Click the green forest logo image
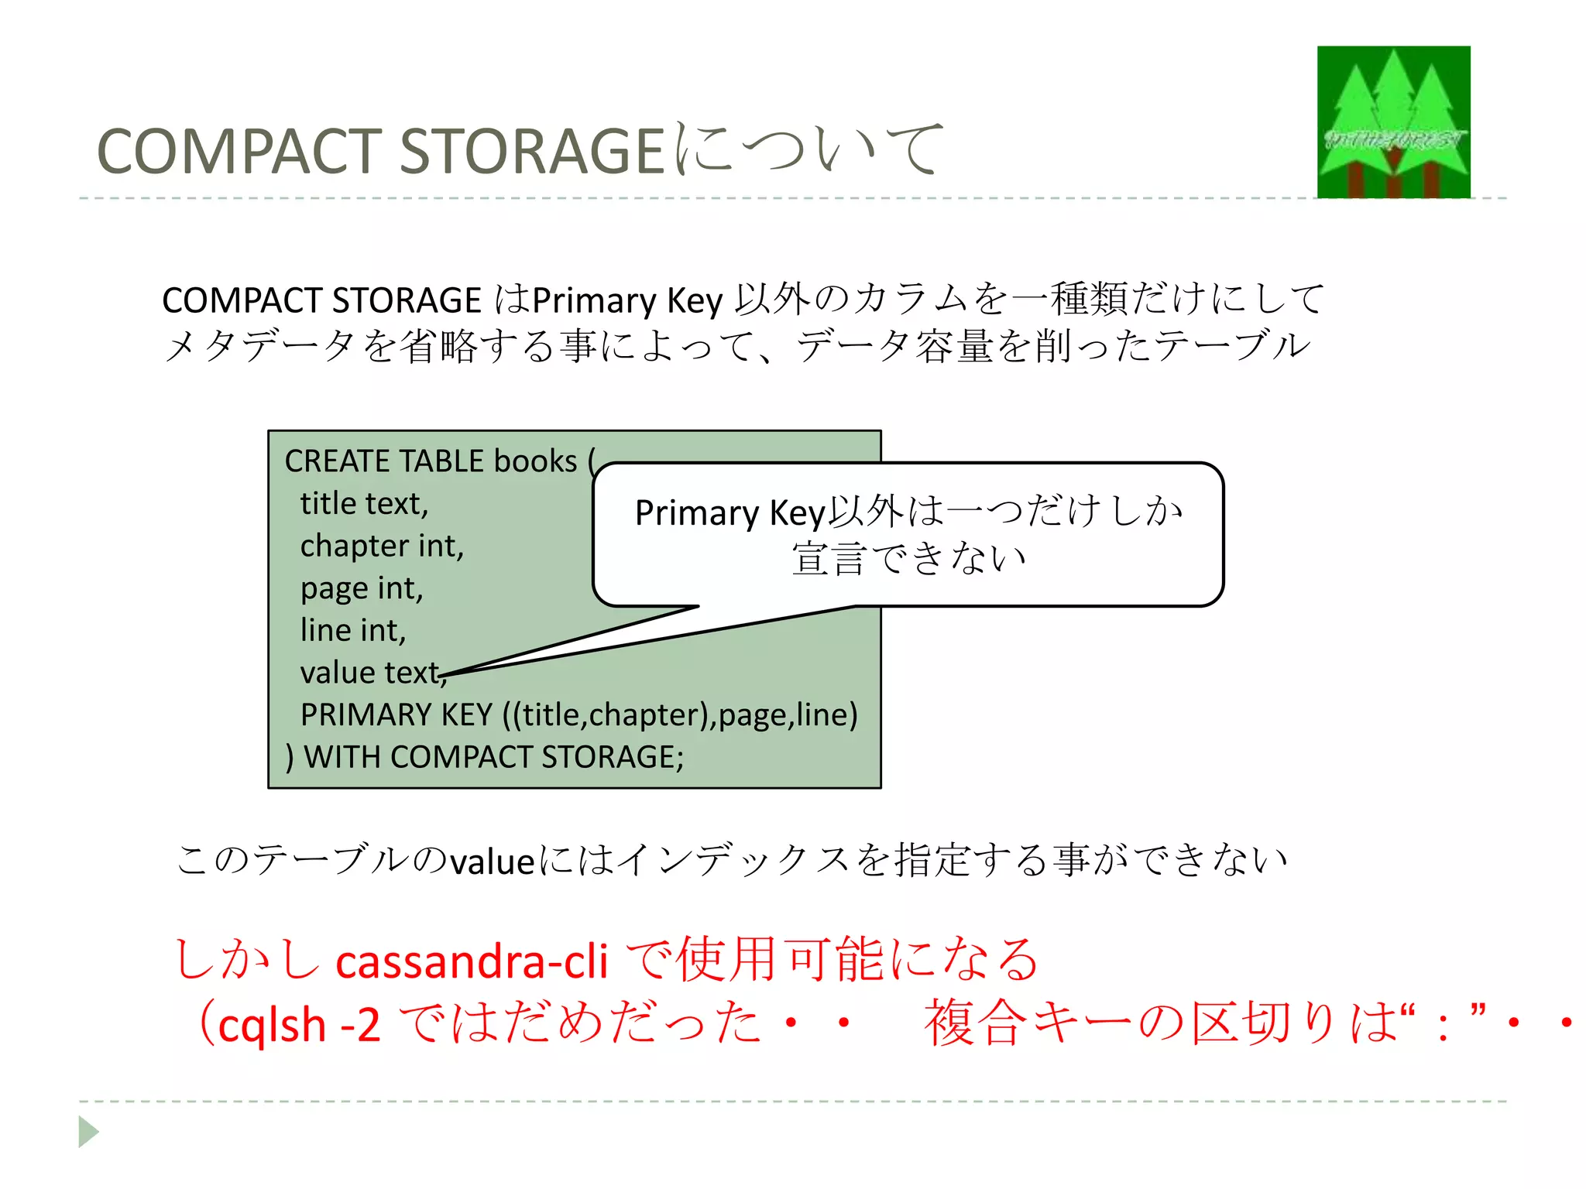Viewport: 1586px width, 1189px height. pos(1393,122)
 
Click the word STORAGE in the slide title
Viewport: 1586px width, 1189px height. pos(532,151)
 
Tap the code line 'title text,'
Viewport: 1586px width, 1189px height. pos(364,504)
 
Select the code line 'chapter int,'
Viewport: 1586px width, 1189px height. pos(382,547)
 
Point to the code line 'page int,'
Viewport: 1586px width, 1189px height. pos(362,589)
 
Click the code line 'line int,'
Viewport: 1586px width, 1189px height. pos(353,631)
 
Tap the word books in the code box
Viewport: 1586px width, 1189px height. pos(535,461)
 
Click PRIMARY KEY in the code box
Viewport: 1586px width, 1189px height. pos(396,714)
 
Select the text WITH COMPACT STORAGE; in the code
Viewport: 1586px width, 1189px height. pos(493,757)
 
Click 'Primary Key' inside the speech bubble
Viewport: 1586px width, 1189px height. pos(730,513)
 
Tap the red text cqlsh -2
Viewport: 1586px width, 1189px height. pos(299,1026)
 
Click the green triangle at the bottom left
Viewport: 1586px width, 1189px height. pos(88,1132)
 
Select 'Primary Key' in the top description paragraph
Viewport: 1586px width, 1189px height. pos(627,300)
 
